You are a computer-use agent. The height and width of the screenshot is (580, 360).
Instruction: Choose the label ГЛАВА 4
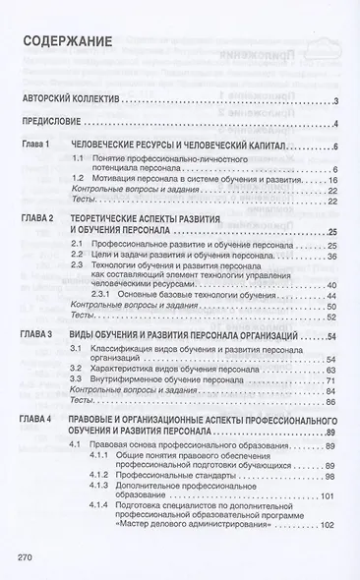click(x=39, y=391)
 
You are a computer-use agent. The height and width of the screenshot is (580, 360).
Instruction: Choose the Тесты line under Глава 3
click(x=84, y=374)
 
